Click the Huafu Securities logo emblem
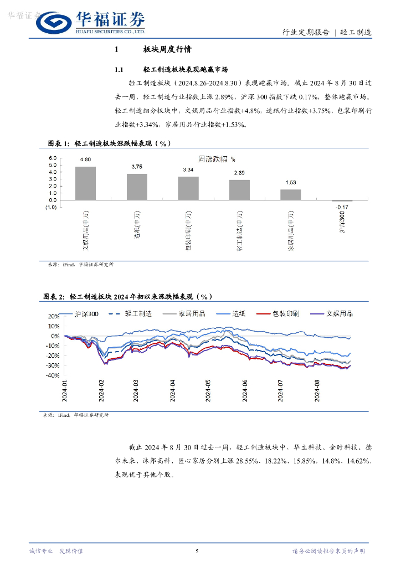click(x=55, y=22)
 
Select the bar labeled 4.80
click(x=85, y=183)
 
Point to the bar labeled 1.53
click(x=291, y=195)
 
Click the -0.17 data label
click(x=342, y=208)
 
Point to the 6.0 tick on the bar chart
click(x=53, y=158)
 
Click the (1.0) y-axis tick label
click(x=52, y=207)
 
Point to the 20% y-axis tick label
click(x=54, y=316)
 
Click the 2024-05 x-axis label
click(x=208, y=390)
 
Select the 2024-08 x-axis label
click(x=316, y=390)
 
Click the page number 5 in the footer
click(x=198, y=551)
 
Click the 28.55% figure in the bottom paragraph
click(x=249, y=461)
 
